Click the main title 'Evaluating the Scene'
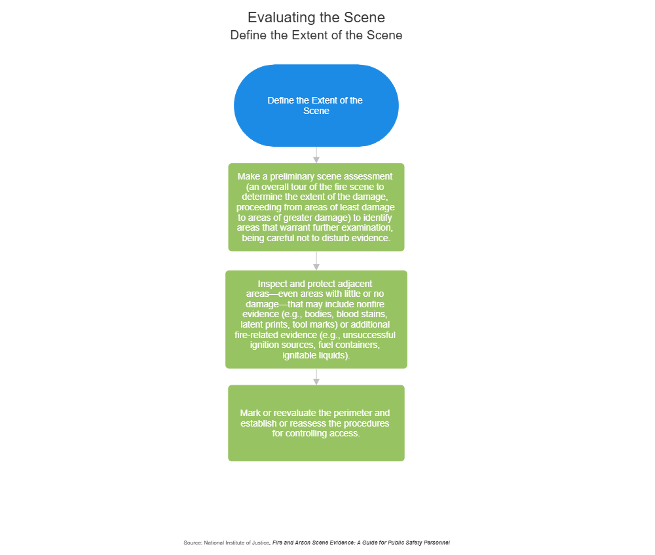(x=316, y=18)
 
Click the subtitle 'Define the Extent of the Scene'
(x=316, y=35)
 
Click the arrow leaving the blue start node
(x=316, y=155)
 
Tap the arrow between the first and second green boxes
(x=316, y=261)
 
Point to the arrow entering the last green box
(x=316, y=377)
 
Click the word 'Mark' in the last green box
(x=251, y=413)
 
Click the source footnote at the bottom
(x=316, y=543)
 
